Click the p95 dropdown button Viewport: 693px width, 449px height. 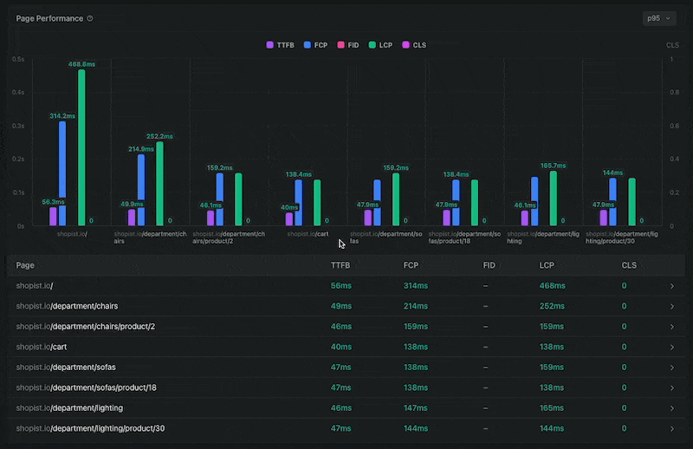[x=658, y=18]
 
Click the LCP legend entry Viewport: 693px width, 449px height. [x=380, y=44]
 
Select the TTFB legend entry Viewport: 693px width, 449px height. [x=282, y=44]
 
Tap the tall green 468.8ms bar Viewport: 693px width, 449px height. [x=81, y=147]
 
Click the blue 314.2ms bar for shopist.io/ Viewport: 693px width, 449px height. [x=62, y=173]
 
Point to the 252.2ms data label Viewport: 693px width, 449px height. [x=159, y=136]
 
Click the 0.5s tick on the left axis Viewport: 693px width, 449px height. [x=18, y=59]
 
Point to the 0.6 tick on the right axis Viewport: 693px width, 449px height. [x=671, y=126]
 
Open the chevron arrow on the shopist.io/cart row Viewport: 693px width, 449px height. [x=671, y=346]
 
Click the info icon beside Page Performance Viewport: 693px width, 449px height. [x=91, y=18]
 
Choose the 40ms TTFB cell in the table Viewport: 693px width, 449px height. [x=341, y=346]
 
